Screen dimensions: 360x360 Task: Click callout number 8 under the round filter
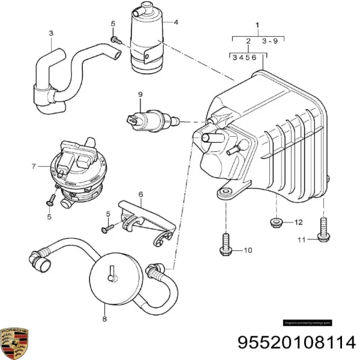click(x=104, y=320)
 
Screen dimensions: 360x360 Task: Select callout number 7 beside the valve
click(x=34, y=166)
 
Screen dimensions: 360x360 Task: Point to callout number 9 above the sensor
click(x=140, y=94)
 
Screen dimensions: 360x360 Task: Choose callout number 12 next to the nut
click(x=299, y=223)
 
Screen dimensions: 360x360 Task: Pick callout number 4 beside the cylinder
click(x=176, y=23)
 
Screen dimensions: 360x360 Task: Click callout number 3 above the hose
click(x=50, y=33)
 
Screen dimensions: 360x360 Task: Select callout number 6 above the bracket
click(x=140, y=194)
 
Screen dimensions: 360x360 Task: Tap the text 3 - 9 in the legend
click(x=269, y=41)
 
